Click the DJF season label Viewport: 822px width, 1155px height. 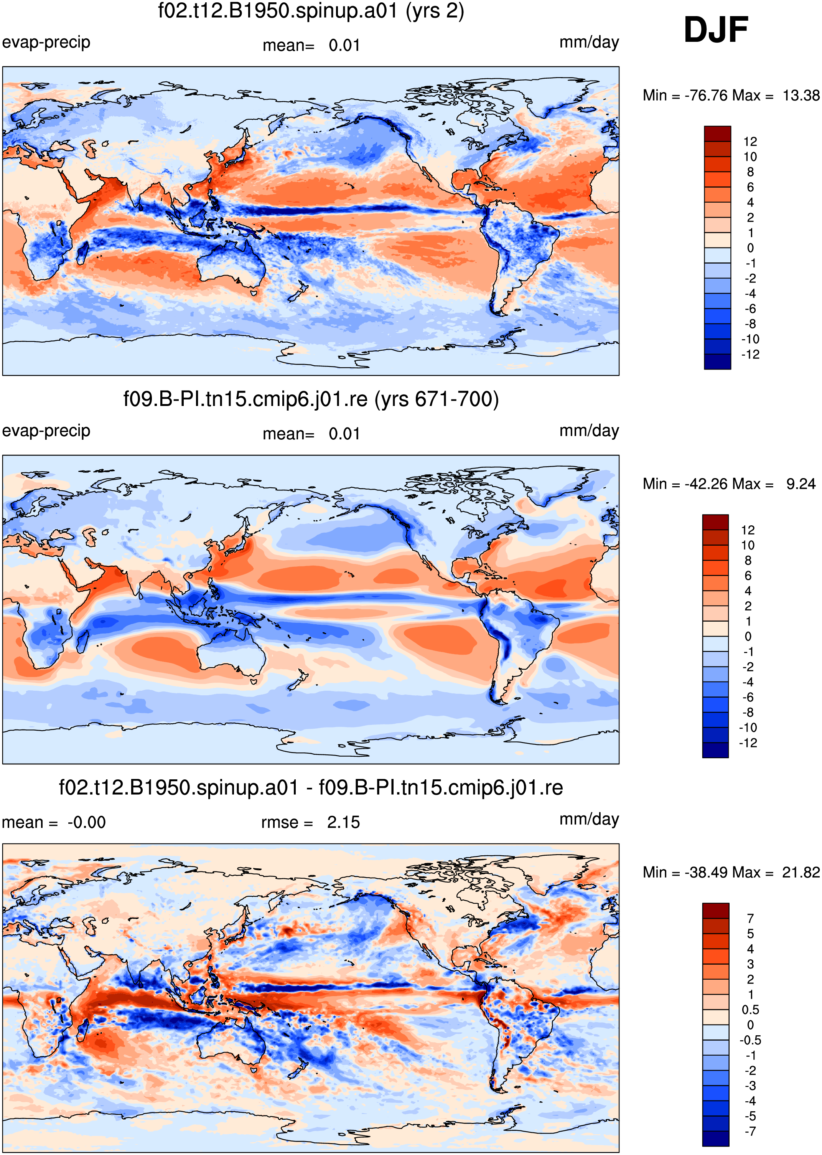[716, 30]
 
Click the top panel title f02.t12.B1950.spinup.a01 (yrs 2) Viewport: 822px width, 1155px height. [311, 11]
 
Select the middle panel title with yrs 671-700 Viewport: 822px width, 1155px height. [311, 399]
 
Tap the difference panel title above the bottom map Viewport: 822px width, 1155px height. [311, 788]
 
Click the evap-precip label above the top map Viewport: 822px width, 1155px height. [46, 43]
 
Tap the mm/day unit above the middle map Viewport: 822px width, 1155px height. [589, 431]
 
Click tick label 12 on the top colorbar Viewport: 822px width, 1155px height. [750, 142]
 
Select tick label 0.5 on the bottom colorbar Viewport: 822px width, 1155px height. [750, 1010]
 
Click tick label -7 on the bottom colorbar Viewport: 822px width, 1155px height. [750, 1132]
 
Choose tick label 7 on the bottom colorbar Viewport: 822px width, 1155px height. [750, 919]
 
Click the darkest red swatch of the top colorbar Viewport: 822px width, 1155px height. [718, 134]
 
